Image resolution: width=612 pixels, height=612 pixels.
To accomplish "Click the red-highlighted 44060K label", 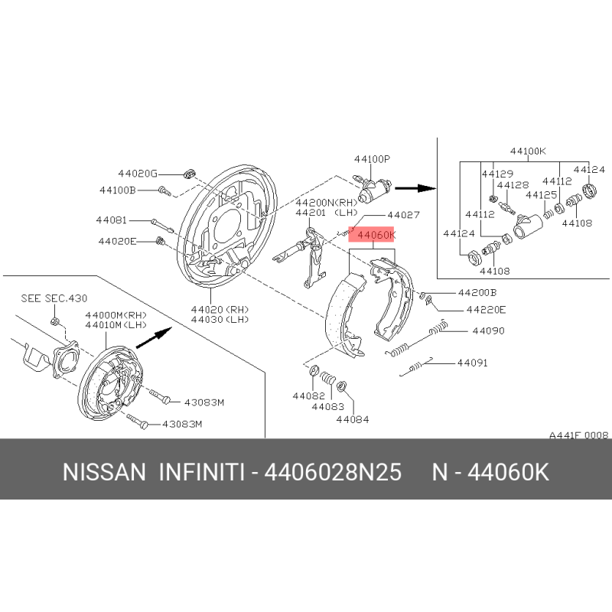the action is [x=371, y=235].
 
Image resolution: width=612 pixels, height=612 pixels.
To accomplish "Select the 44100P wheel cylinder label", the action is [x=372, y=159].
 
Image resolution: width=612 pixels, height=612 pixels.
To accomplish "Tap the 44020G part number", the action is [x=138, y=174].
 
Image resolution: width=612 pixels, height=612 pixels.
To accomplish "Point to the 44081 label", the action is [x=112, y=220].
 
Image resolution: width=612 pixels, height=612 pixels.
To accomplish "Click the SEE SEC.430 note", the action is [x=54, y=298].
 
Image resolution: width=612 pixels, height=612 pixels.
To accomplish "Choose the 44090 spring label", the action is [x=488, y=331].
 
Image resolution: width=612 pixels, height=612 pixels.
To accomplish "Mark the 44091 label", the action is [x=473, y=363].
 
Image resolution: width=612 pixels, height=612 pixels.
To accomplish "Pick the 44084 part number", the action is [x=353, y=419].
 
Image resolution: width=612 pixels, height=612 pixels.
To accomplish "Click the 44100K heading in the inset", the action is [x=528, y=151].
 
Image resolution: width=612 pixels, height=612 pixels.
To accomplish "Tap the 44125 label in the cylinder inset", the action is [x=542, y=195].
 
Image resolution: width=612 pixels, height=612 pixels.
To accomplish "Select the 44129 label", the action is [x=497, y=174].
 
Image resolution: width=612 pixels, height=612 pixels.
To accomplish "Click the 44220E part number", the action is [x=486, y=310].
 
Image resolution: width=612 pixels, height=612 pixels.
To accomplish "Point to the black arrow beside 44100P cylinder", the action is [x=415, y=188].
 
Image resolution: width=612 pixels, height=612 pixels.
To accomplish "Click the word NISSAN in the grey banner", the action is [x=104, y=472].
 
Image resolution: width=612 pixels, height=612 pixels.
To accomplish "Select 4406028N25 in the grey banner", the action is [x=333, y=472].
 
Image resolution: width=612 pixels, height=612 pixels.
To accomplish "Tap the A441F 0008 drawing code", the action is [x=579, y=435].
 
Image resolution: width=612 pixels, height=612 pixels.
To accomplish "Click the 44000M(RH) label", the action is [x=116, y=315].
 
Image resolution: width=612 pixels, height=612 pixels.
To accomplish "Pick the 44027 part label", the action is [x=404, y=215].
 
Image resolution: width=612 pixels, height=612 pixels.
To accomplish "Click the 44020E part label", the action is [x=118, y=242].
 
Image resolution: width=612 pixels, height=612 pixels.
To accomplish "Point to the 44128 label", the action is [x=513, y=184].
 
